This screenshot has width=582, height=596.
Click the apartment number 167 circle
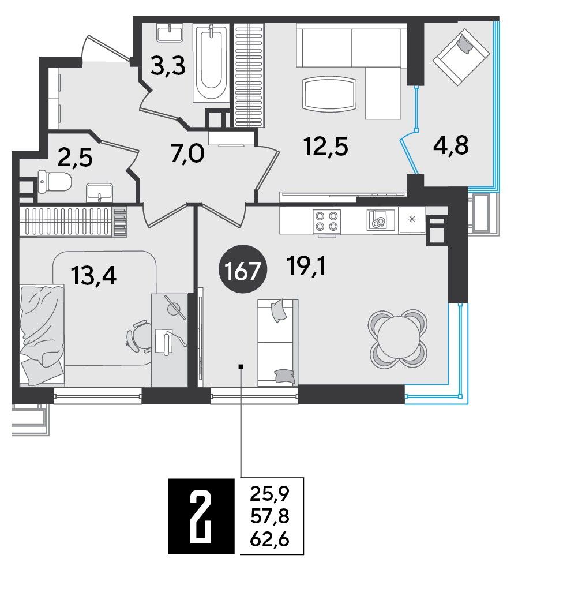[243, 269]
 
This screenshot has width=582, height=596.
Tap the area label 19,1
[306, 265]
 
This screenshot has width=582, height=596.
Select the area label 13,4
[94, 276]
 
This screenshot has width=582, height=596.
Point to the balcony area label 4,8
[451, 145]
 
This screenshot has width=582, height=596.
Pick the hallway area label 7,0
[187, 154]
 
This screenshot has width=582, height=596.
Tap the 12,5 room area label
[326, 147]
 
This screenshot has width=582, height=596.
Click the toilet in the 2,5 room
[55, 182]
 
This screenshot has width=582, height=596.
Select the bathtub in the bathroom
[211, 63]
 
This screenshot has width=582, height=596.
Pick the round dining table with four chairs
[397, 339]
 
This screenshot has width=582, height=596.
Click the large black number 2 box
[201, 515]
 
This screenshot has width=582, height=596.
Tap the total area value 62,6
[270, 539]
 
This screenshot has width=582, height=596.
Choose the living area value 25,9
[270, 494]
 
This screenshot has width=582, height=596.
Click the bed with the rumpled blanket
[42, 335]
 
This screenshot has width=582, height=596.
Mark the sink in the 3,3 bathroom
[170, 32]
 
